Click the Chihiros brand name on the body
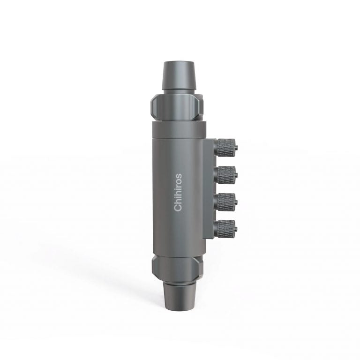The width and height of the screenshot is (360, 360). coord(178,193)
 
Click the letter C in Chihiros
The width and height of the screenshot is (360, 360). coord(178,208)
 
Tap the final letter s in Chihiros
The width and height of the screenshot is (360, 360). coord(179,176)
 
